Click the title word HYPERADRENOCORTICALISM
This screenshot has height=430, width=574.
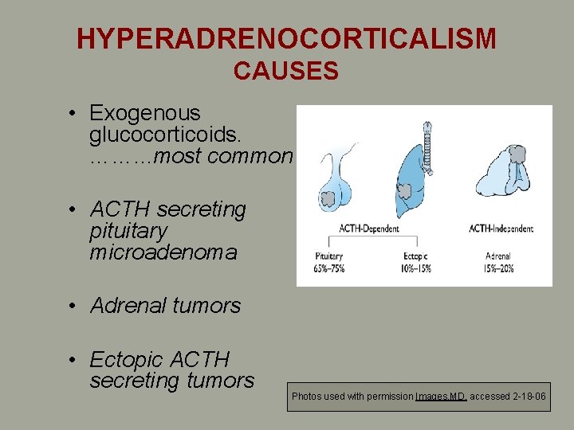pyautogui.click(x=286, y=38)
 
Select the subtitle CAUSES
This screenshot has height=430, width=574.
pyautogui.click(x=286, y=72)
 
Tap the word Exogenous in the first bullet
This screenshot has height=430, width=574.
pyautogui.click(x=145, y=114)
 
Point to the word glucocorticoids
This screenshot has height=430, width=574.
pyautogui.click(x=151, y=135)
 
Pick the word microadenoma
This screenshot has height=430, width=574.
pyautogui.click(x=163, y=253)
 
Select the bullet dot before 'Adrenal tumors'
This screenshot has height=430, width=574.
pyautogui.click(x=73, y=306)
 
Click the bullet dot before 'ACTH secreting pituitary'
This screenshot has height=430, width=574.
pyautogui.click(x=73, y=209)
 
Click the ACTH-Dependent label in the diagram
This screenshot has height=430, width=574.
pyautogui.click(x=368, y=229)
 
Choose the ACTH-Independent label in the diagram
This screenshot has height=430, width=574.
pyautogui.click(x=501, y=229)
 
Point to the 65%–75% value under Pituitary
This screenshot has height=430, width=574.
pyautogui.click(x=328, y=268)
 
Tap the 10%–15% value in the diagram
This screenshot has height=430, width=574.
pyautogui.click(x=415, y=268)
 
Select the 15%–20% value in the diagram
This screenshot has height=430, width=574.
pyautogui.click(x=499, y=268)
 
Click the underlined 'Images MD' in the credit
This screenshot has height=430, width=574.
pyautogui.click(x=441, y=397)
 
